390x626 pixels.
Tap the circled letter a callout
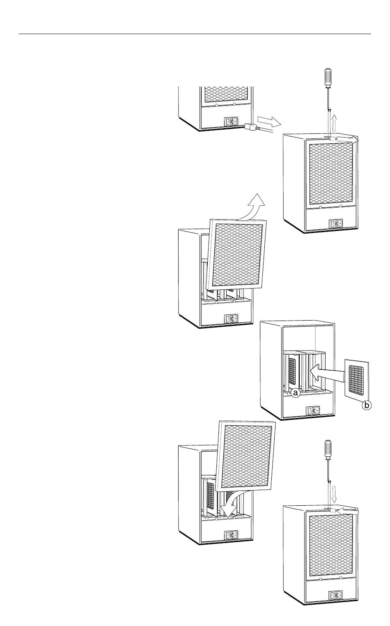point(296,393)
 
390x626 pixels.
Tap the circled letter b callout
point(367,406)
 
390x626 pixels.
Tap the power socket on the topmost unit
point(231,122)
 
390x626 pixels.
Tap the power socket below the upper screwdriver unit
point(336,224)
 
